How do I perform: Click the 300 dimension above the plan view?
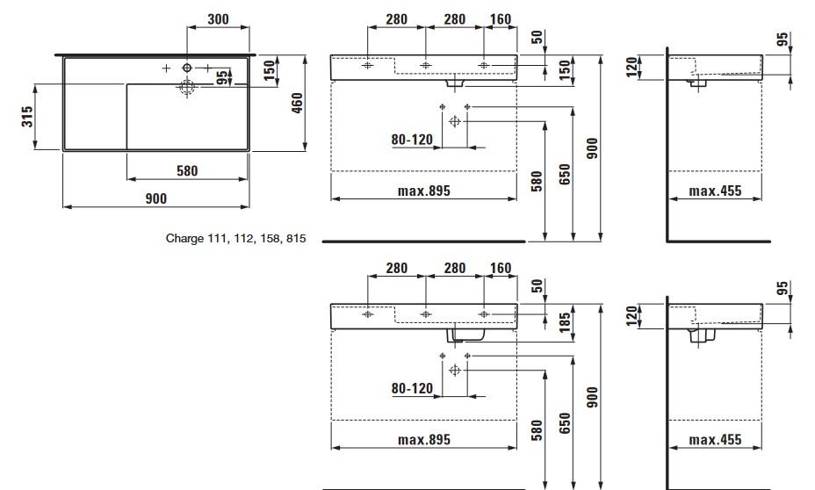point(219,19)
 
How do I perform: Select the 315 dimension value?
point(28,116)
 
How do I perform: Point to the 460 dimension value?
point(298,103)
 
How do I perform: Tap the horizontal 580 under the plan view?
point(187,170)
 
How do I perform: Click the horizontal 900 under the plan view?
point(155,198)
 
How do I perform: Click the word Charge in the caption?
point(184,238)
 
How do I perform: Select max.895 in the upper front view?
point(423,191)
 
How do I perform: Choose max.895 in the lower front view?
point(423,439)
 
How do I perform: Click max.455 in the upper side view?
point(715,191)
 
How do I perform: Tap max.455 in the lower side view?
point(715,439)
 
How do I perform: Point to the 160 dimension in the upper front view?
point(500,19)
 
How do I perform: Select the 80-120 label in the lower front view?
point(412,388)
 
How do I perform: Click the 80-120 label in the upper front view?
point(412,139)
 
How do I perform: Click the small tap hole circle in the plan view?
point(187,68)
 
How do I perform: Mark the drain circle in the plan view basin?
point(187,86)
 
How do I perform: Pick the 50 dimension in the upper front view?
point(537,38)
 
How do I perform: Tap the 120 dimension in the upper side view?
point(631,68)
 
